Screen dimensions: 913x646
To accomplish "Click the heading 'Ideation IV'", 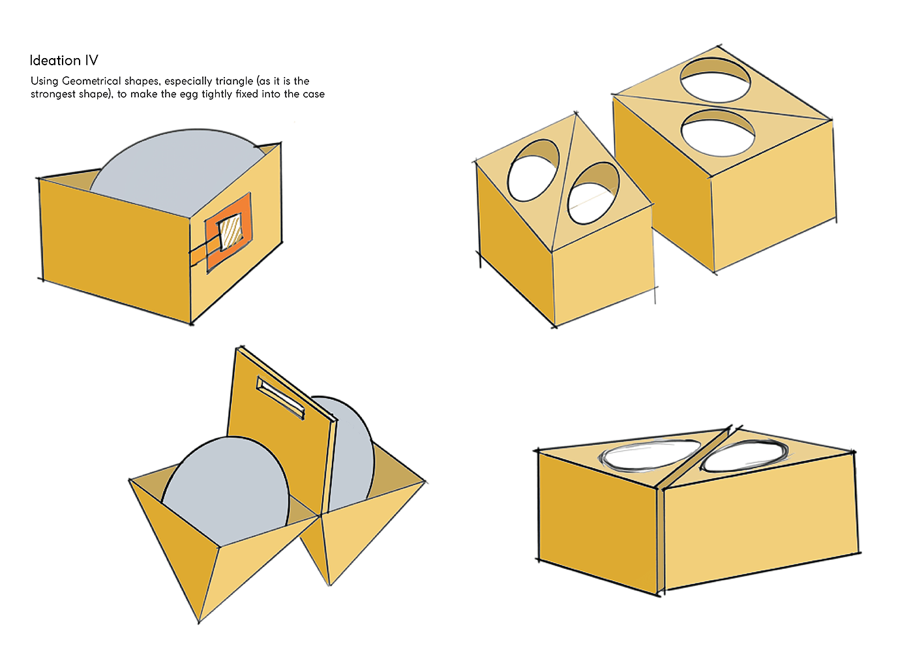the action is pyautogui.click(x=64, y=61).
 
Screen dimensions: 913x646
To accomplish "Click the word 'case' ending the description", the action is pyautogui.click(x=313, y=94).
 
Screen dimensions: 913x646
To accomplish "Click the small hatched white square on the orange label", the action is pyautogui.click(x=229, y=234).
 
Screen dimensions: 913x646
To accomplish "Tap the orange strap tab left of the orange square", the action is pyautogui.click(x=198, y=254).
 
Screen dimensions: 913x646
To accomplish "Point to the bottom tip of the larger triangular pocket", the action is pyautogui.click(x=199, y=620).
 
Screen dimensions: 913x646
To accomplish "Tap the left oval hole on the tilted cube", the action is pyautogui.click(x=533, y=170).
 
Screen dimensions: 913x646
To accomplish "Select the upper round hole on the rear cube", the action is pyautogui.click(x=715, y=80).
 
